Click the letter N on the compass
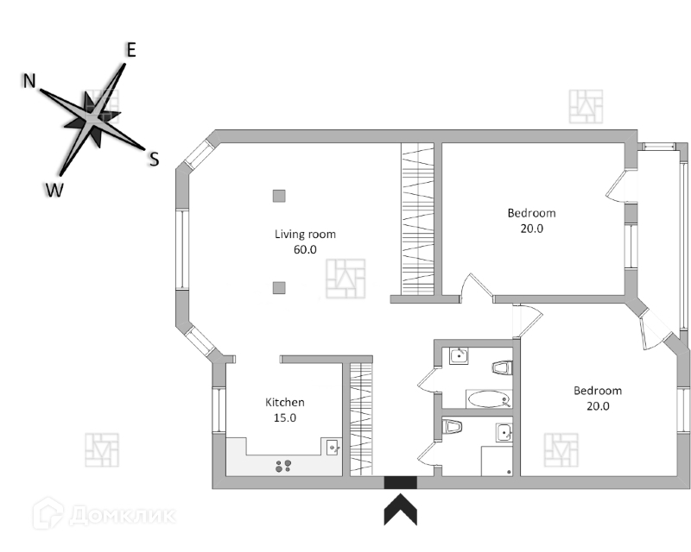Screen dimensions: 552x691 [x=29, y=81]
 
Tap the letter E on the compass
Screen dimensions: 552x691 [x=130, y=50]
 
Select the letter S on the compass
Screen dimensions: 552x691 [x=154, y=159]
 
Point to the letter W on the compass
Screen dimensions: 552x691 [x=54, y=191]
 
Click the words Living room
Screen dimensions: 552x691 [x=305, y=234]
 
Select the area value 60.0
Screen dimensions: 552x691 [x=305, y=249]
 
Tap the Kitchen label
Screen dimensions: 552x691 [x=284, y=402]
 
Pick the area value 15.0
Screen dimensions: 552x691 [x=284, y=417]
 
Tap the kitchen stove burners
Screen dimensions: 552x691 [x=282, y=467]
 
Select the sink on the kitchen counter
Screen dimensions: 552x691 [x=332, y=446]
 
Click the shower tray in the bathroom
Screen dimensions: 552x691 [x=497, y=460]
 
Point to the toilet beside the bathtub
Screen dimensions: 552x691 [x=502, y=368]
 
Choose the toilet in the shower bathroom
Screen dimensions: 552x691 [x=449, y=426]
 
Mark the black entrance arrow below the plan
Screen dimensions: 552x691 [x=400, y=508]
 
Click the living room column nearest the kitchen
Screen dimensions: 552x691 [x=278, y=287]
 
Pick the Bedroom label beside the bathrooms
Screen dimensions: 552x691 [x=598, y=391]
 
